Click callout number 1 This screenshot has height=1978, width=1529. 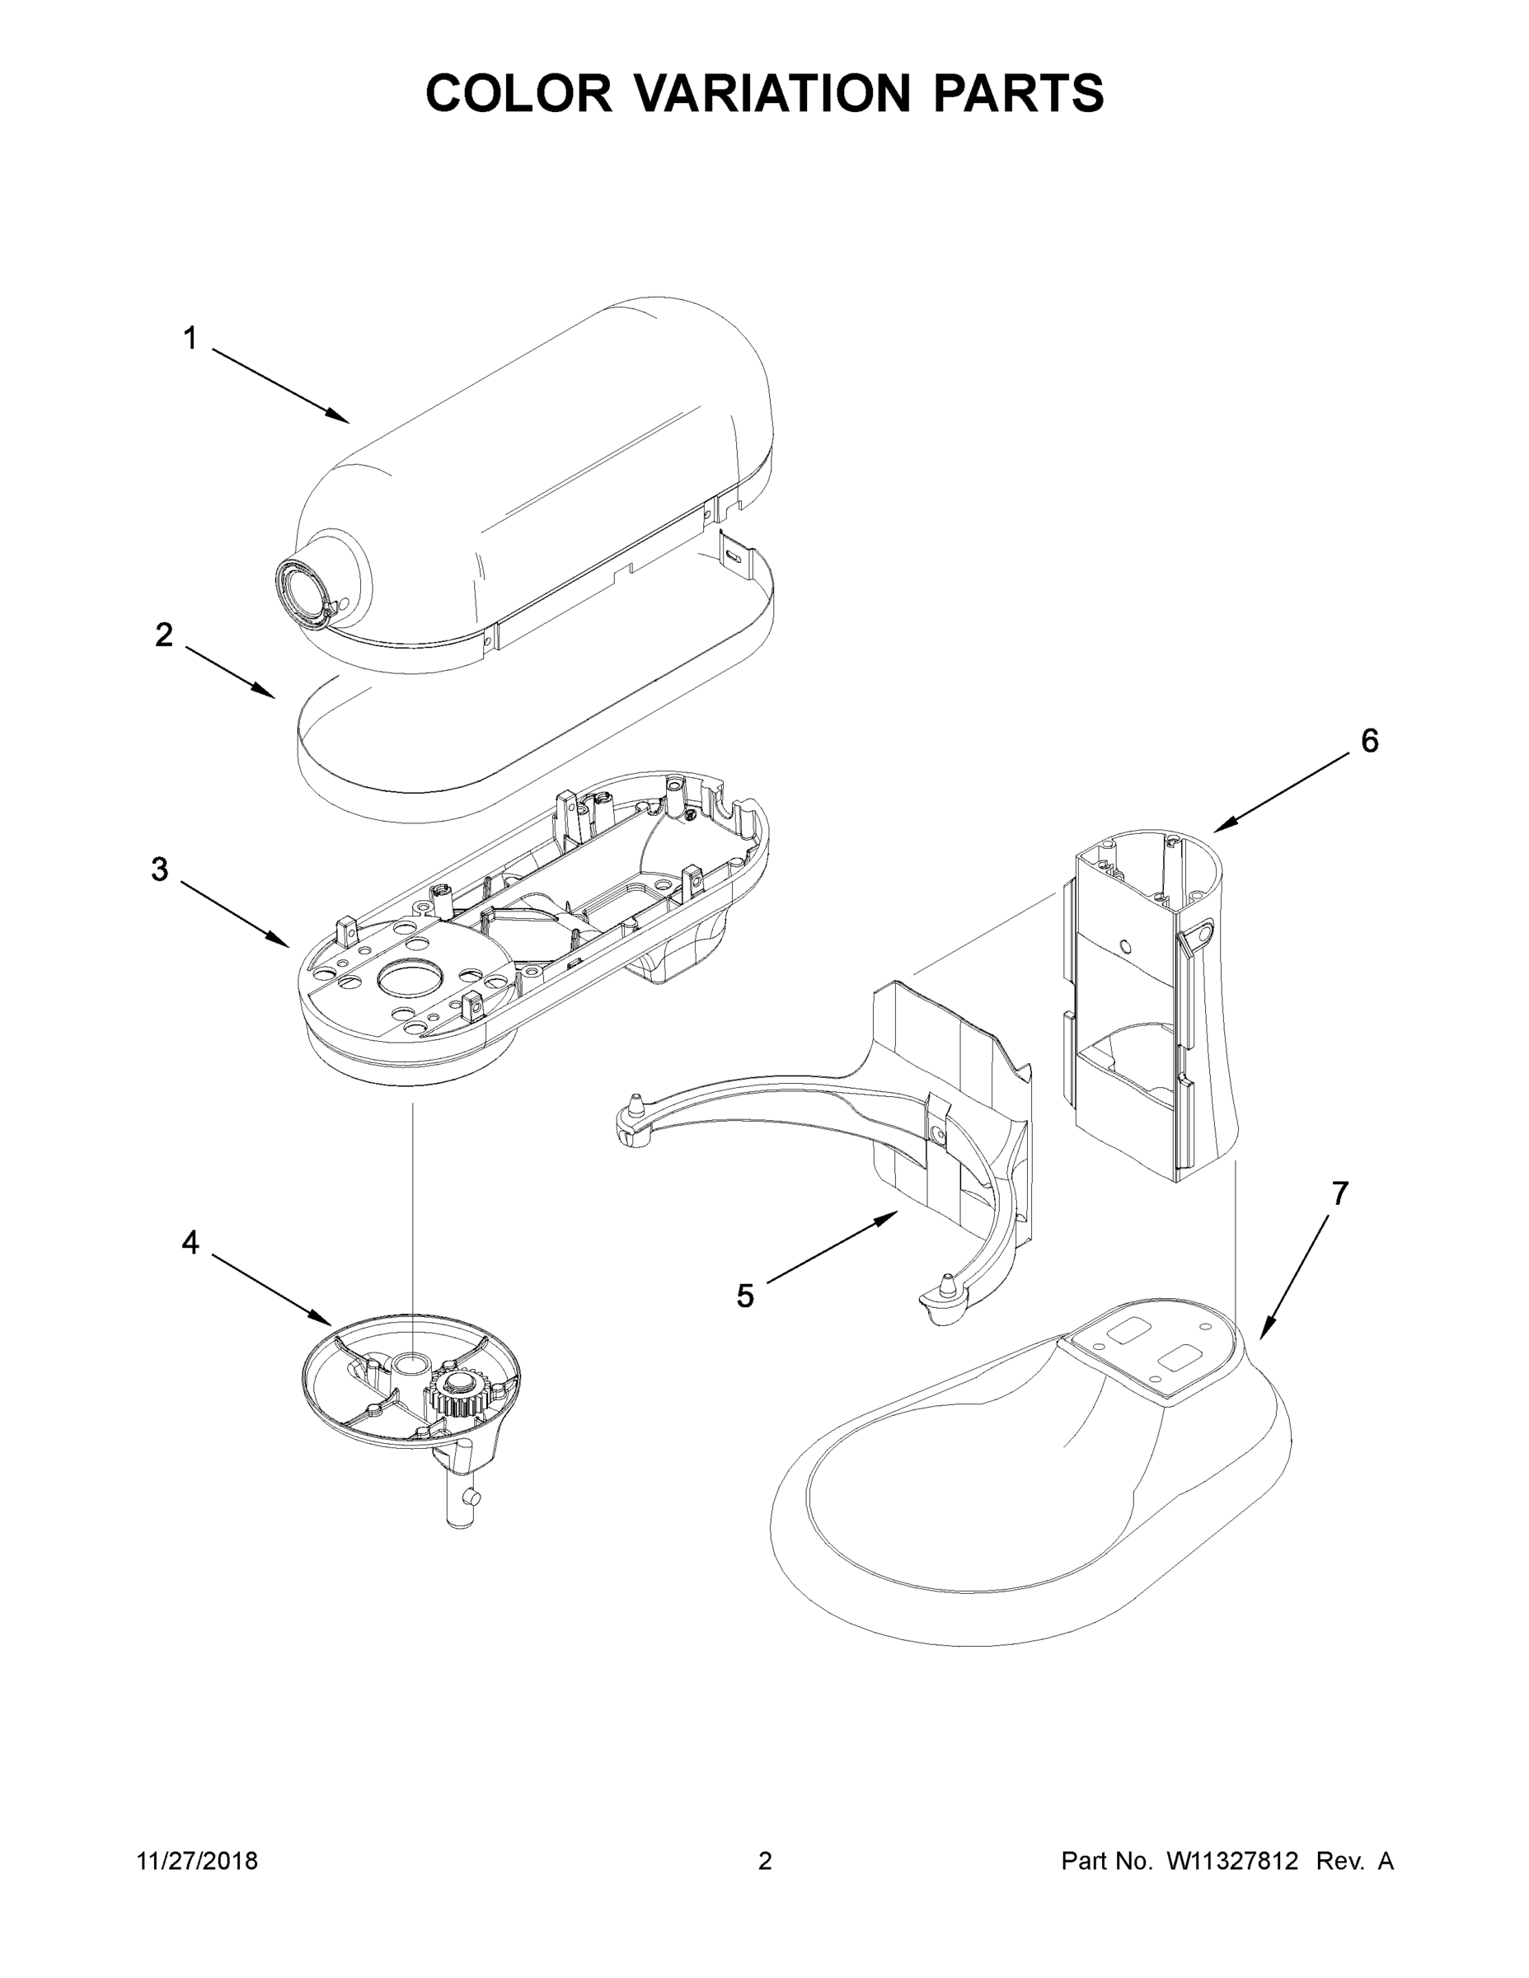pyautogui.click(x=190, y=339)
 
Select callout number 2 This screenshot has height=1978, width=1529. pyautogui.click(x=164, y=635)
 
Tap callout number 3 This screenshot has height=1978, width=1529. pyautogui.click(x=159, y=869)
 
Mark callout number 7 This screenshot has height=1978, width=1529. pyautogui.click(x=1339, y=1193)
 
